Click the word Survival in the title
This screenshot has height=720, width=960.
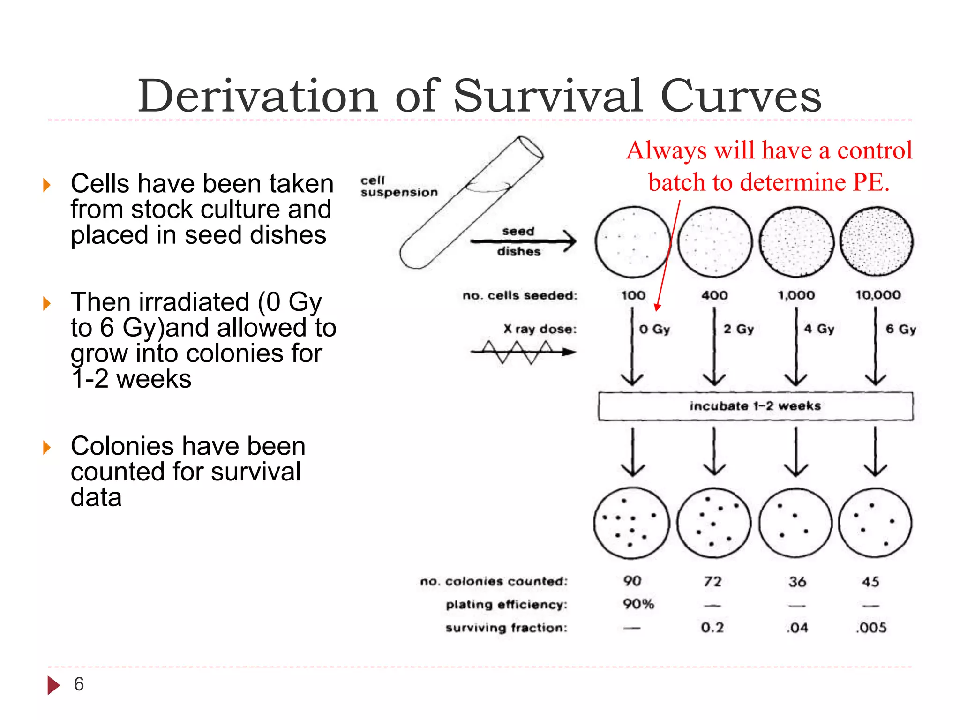click(548, 96)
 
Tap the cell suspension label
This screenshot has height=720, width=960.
click(398, 187)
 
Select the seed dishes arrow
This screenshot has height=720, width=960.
click(523, 241)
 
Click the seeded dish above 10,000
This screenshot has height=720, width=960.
click(876, 241)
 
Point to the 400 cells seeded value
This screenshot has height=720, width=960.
click(714, 295)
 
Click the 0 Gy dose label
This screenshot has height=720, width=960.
click(654, 330)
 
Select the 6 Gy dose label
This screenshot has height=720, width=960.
click(900, 330)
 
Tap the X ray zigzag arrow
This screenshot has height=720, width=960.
click(523, 352)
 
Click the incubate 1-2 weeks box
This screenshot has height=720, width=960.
click(755, 406)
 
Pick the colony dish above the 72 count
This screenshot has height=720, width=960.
click(714, 523)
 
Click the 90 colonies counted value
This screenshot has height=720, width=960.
click(632, 581)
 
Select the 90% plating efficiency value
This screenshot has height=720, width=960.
click(638, 604)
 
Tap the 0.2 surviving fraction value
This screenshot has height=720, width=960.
click(712, 627)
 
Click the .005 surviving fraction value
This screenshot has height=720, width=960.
click(871, 627)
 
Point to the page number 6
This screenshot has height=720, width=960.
click(79, 684)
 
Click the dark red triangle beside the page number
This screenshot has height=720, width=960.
click(53, 685)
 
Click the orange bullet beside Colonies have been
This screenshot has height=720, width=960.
click(46, 447)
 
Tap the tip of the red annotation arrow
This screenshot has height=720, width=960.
click(657, 310)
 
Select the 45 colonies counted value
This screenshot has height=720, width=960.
click(870, 582)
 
